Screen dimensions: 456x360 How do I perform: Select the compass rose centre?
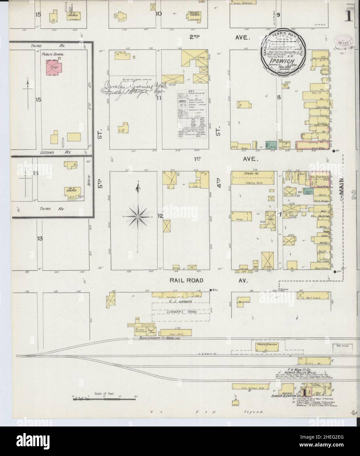coord(138,217)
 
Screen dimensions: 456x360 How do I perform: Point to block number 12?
coord(160,216)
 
